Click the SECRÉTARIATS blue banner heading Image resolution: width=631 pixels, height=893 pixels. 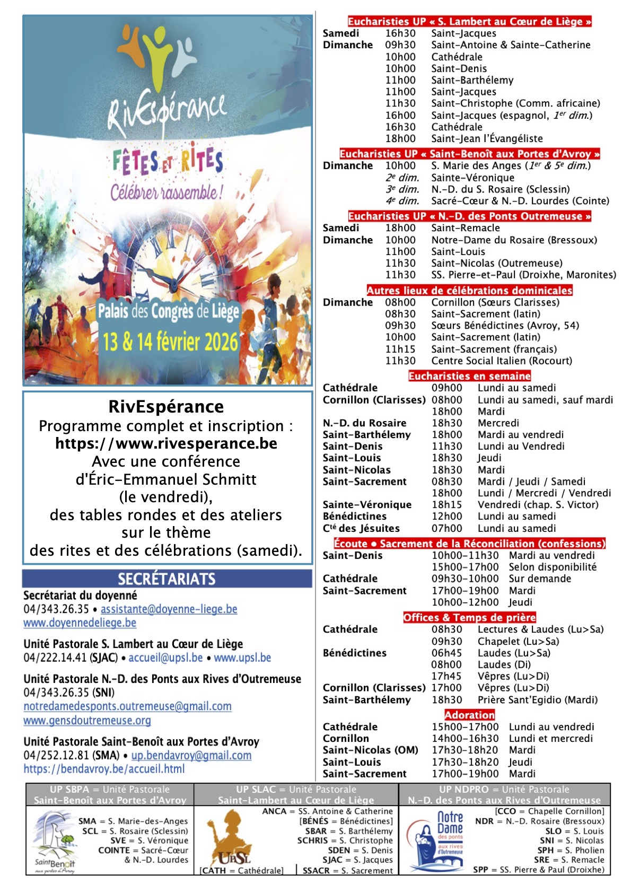(166, 579)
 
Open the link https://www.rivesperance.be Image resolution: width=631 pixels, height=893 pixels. (166, 443)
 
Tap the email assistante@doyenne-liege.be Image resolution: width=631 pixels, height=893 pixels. (169, 609)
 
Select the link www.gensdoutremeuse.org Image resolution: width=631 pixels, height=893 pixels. (87, 720)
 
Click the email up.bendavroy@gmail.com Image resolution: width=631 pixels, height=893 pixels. (191, 755)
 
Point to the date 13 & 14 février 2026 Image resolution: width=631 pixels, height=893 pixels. (170, 342)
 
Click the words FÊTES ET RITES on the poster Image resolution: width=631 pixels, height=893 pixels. (168, 161)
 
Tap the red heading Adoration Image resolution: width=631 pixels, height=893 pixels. (469, 715)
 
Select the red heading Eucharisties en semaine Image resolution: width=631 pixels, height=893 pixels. (469, 376)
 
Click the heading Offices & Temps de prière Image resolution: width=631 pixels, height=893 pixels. (469, 617)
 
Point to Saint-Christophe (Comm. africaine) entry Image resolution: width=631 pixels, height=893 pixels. (515, 103)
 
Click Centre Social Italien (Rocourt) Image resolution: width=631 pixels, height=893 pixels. (502, 361)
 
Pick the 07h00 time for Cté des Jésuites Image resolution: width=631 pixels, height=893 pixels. (446, 528)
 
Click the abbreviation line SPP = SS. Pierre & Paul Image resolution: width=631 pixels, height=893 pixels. (538, 870)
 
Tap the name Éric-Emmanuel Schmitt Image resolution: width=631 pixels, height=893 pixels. (166, 479)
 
